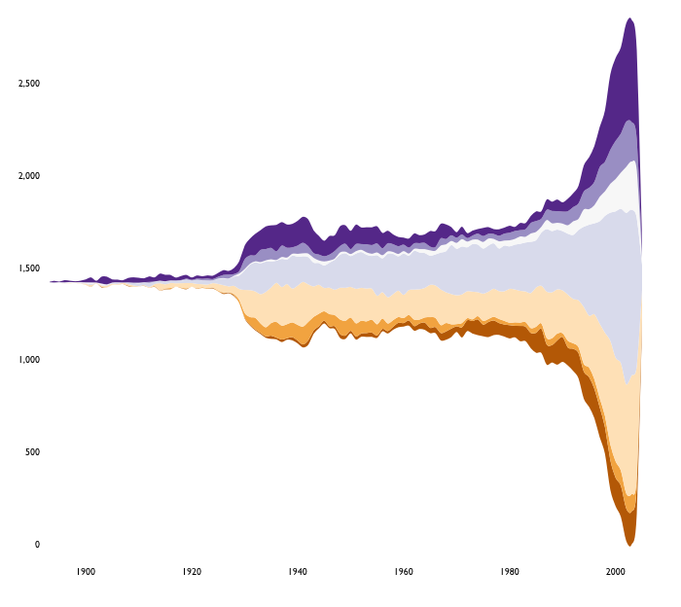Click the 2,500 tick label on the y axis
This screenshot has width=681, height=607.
click(x=28, y=84)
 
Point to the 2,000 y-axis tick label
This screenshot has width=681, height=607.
click(x=28, y=176)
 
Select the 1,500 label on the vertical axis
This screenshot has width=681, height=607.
click(x=28, y=268)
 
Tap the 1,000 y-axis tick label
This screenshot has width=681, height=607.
click(x=28, y=360)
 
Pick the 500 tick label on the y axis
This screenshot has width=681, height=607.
click(x=32, y=452)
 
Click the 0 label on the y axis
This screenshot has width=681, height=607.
click(x=37, y=545)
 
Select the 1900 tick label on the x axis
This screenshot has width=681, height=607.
click(x=86, y=572)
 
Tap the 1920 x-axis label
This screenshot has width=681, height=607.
click(x=192, y=572)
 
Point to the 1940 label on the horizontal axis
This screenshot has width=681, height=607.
click(x=298, y=572)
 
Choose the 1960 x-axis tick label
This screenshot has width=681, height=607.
click(x=404, y=572)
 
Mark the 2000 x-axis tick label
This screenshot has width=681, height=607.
click(x=615, y=572)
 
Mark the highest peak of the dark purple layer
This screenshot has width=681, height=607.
click(x=630, y=18)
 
